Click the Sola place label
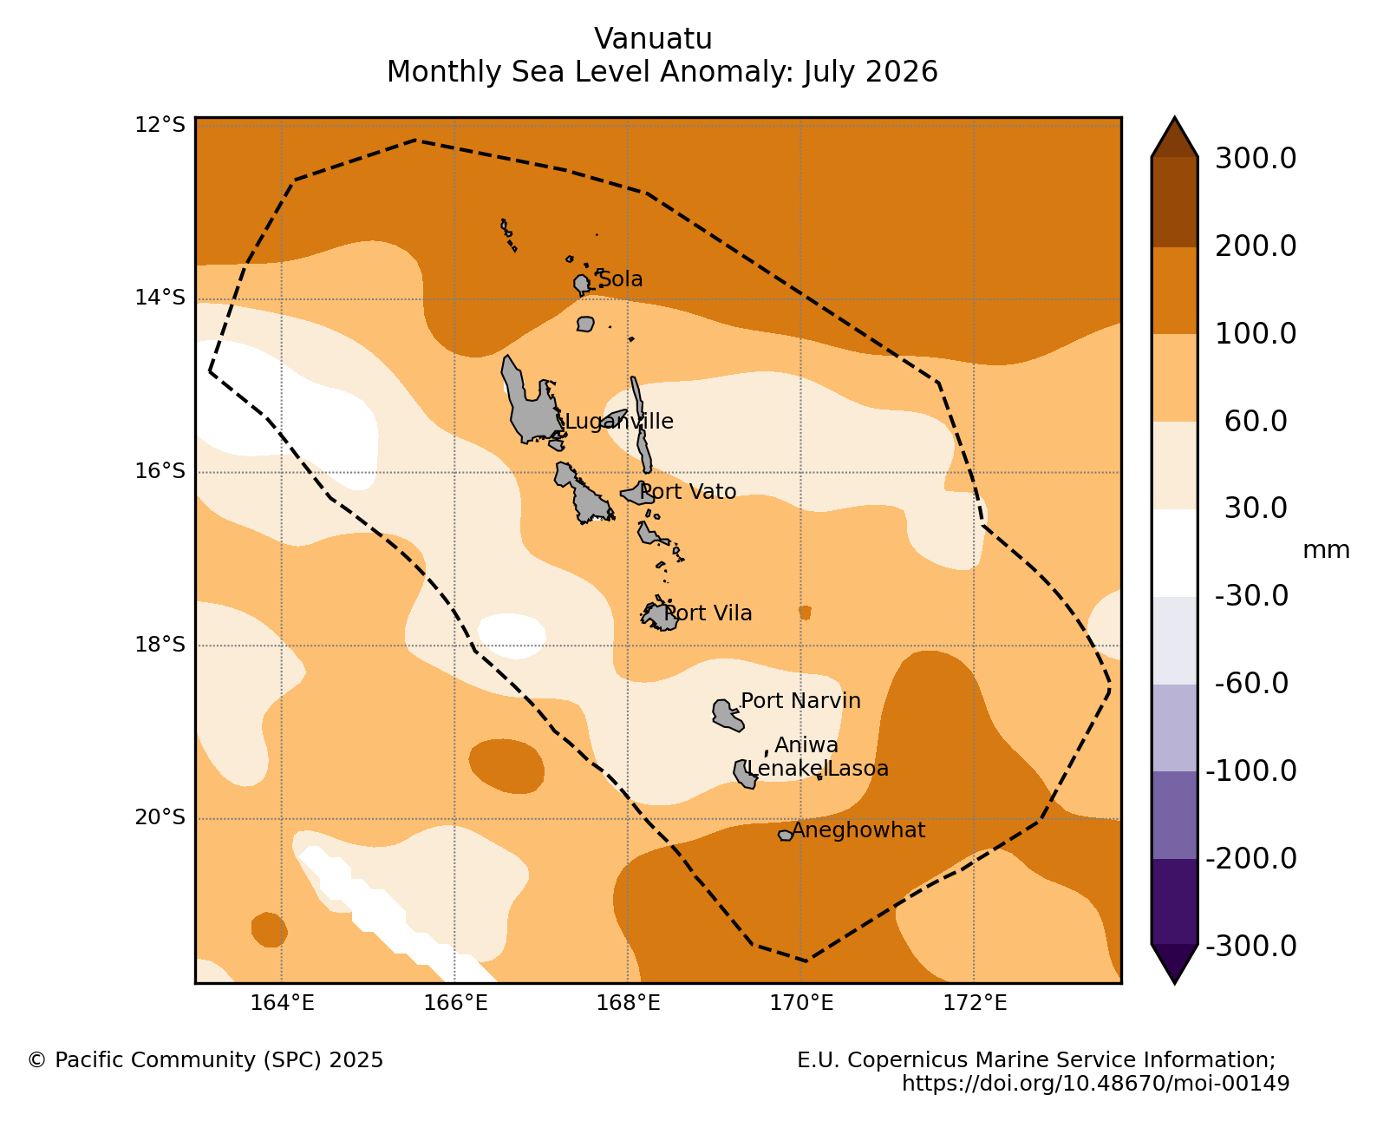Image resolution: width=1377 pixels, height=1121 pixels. [x=620, y=279]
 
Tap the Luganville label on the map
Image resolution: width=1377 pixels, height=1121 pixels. [x=618, y=422]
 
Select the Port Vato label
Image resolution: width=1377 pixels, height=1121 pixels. [x=688, y=492]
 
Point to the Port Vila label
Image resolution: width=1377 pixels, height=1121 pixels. [x=708, y=613]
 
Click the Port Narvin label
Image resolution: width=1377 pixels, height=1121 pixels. [x=800, y=700]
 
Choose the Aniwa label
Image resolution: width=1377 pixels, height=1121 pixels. [x=806, y=744]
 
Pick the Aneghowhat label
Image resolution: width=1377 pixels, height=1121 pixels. [x=858, y=830]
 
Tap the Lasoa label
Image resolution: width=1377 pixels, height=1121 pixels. [x=858, y=769]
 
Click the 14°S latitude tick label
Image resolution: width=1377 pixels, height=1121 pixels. [x=160, y=298]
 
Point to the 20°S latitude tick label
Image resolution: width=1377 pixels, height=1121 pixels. [x=160, y=817]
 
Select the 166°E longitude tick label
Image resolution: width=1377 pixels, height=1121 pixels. [x=455, y=1003]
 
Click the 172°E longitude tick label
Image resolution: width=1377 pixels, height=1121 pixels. [x=975, y=1003]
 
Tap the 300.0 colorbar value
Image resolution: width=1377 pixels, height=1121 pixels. [x=1256, y=159]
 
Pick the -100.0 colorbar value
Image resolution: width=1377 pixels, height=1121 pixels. [x=1251, y=771]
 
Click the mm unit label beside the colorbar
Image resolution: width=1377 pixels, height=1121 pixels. [x=1326, y=550]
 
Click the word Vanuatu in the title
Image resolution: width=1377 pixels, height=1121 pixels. [x=653, y=39]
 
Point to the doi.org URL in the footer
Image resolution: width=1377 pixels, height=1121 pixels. [x=1095, y=1084]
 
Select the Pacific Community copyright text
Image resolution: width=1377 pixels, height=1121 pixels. [x=206, y=1060]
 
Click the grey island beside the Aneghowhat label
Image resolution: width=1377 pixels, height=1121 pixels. [x=786, y=836]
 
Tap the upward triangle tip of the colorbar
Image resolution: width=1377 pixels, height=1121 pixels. [x=1175, y=118]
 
